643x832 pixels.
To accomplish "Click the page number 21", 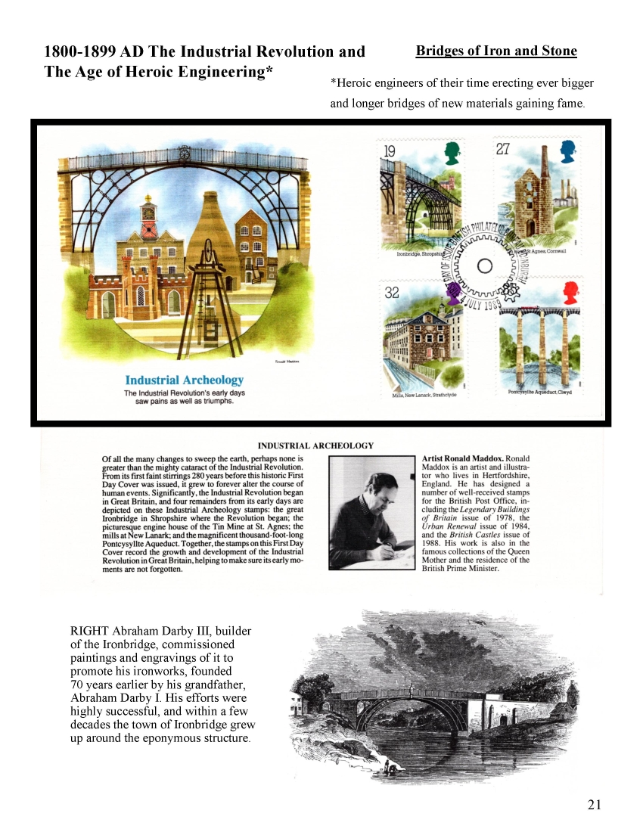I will pyautogui.click(x=594, y=805).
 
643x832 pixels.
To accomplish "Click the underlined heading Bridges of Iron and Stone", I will pyautogui.click(x=496, y=51).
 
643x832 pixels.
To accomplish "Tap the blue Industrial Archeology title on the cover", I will pyautogui.click(x=185, y=380).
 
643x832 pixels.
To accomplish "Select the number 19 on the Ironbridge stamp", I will pyautogui.click(x=390, y=151).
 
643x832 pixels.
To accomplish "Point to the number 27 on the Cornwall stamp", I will pyautogui.click(x=504, y=149).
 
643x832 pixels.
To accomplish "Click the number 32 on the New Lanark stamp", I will pyautogui.click(x=392, y=292).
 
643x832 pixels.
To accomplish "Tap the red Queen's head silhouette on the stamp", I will pyautogui.click(x=571, y=292).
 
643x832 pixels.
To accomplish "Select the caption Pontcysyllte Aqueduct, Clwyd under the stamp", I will pyautogui.click(x=540, y=392).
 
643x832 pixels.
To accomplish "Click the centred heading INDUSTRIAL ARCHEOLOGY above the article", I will pyautogui.click(x=315, y=445).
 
